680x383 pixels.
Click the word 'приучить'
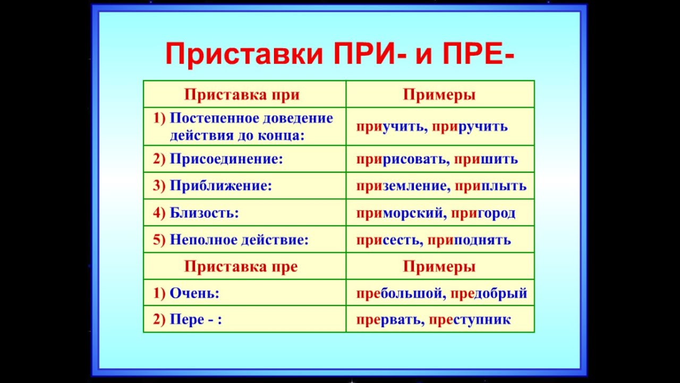point(390,127)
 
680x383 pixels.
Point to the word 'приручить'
point(470,127)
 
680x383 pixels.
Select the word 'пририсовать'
point(401,159)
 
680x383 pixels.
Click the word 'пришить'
point(486,159)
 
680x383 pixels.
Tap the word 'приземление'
point(401,186)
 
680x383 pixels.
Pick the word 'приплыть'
point(490,186)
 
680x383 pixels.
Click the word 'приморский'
point(399,213)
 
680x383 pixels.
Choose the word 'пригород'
point(483,213)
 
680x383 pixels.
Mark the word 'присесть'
point(388,240)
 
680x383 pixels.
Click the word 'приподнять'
point(469,240)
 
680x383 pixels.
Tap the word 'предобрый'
point(489,293)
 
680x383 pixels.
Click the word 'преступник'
point(470,320)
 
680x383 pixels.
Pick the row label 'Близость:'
point(204,213)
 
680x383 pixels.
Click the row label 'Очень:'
point(194,293)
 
